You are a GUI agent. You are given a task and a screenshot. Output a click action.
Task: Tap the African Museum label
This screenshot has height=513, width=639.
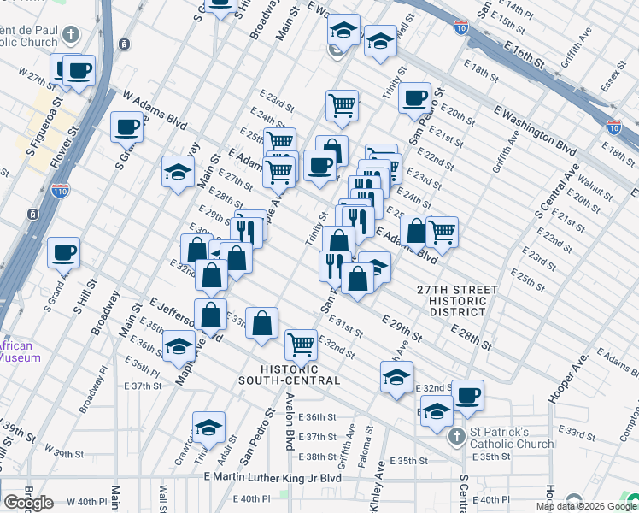click(x=19, y=352)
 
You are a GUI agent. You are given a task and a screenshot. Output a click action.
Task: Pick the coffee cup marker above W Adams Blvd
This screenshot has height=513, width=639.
click(x=126, y=127)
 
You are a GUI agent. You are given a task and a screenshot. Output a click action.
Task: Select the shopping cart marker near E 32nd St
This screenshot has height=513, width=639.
click(x=300, y=344)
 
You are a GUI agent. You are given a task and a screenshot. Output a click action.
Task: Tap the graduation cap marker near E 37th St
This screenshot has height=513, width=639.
click(x=208, y=427)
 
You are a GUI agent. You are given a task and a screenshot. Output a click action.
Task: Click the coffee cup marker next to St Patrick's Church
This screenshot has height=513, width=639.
click(x=467, y=394)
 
